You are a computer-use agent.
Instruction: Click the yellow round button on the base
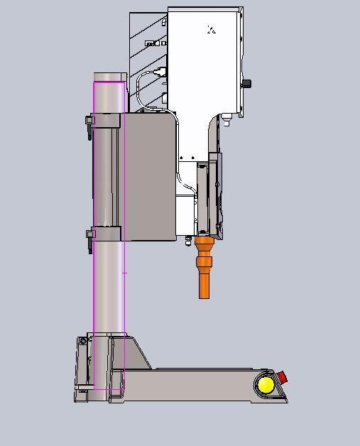click(266, 385)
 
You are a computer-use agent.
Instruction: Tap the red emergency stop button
click(281, 376)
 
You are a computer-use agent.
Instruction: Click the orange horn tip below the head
click(204, 284)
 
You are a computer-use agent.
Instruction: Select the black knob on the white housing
click(246, 84)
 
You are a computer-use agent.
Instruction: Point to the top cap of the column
click(109, 77)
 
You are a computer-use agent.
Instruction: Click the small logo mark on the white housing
click(211, 30)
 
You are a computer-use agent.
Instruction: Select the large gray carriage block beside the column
click(149, 178)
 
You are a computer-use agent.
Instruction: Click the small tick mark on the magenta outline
click(125, 272)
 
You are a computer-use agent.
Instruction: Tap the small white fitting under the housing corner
click(227, 119)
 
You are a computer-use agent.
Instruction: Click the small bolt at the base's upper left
click(83, 342)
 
